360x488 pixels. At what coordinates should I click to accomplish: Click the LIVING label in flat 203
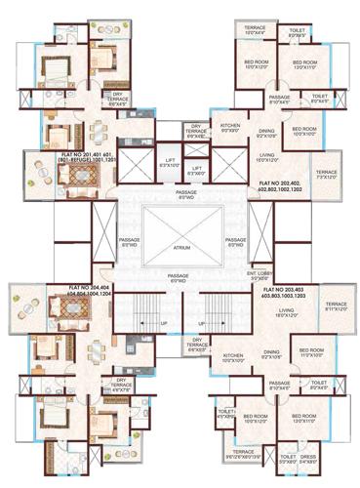click(285, 313)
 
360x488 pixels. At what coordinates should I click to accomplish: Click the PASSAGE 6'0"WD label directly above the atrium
click(180, 196)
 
